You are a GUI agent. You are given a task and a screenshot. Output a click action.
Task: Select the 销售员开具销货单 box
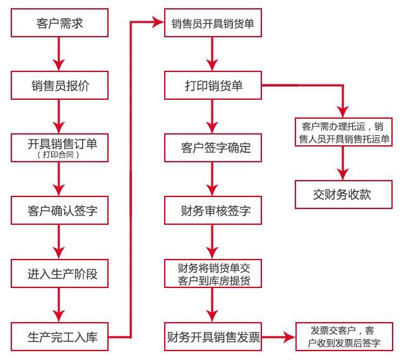point(213,25)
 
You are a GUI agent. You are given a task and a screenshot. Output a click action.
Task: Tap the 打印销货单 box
point(213,86)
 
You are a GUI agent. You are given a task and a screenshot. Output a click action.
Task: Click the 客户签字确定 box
point(213,148)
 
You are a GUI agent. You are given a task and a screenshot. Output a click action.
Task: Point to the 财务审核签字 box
point(213,210)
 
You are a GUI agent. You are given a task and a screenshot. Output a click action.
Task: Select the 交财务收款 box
point(342,194)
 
